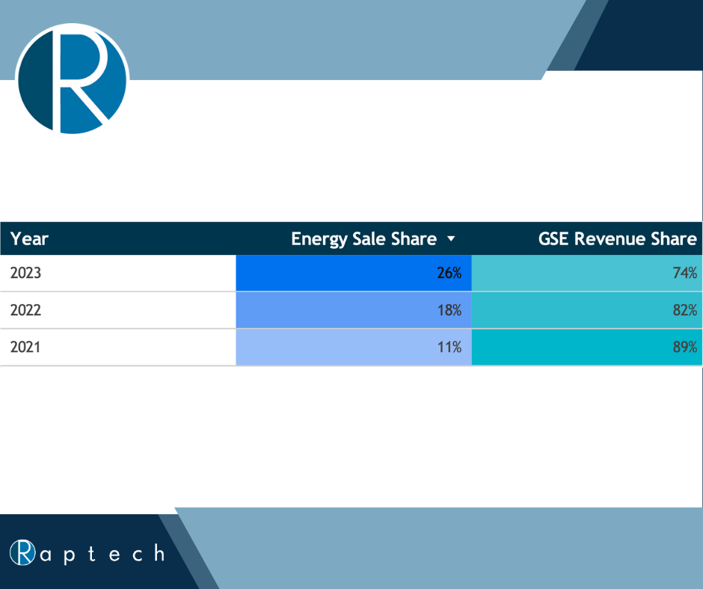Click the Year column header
[x=29, y=239]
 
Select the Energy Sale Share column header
[x=363, y=239]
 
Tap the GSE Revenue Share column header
[x=617, y=239]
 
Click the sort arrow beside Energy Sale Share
[x=451, y=239]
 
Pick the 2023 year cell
[x=25, y=273]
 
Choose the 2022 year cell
[x=25, y=310]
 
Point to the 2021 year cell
[x=25, y=347]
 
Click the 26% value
[x=449, y=273]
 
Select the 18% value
[x=449, y=310]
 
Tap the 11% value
[x=449, y=347]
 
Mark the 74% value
[x=684, y=273]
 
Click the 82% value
[x=684, y=310]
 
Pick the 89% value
[x=684, y=347]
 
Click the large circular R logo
[x=73, y=79]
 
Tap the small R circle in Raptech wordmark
[x=22, y=552]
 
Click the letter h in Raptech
[x=159, y=552]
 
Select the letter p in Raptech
[x=69, y=556]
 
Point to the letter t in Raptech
[x=92, y=554]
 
